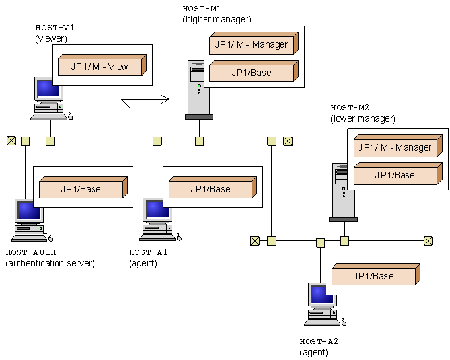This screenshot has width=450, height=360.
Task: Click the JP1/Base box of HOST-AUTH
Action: (82, 188)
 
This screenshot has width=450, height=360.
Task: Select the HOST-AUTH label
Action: (30, 252)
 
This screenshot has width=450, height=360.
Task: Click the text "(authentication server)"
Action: (50, 263)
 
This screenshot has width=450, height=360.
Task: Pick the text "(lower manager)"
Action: (363, 118)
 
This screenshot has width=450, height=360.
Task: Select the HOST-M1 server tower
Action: (198, 89)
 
